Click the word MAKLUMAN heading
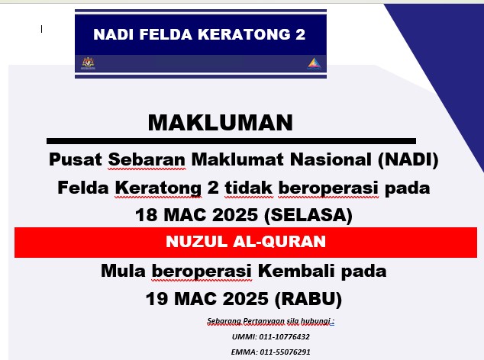click(221, 123)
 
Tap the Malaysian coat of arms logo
click(88, 63)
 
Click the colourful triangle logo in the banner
click(315, 64)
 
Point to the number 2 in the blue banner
click(300, 34)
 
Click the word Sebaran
click(147, 159)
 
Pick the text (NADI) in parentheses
click(408, 160)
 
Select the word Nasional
click(331, 159)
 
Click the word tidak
click(248, 188)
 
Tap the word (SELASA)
click(308, 215)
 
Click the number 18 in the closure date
click(147, 215)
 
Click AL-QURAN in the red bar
click(279, 241)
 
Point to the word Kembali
click(296, 271)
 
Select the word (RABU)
click(308, 299)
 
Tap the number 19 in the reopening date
click(156, 299)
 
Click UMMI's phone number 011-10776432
click(284, 336)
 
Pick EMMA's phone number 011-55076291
click(285, 352)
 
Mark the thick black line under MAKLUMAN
click(231, 141)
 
